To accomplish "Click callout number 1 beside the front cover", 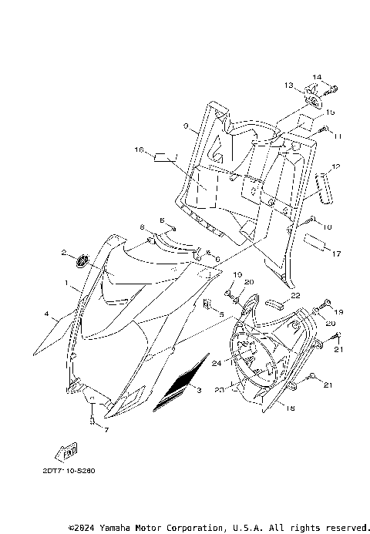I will tap(68, 284).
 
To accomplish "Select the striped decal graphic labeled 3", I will tap(182, 383).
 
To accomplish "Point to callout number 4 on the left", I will tap(47, 314).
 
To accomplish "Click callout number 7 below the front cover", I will tap(106, 429).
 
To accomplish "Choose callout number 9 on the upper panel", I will tap(186, 125).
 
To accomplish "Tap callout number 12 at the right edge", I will tap(335, 167).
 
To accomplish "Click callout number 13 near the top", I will tap(289, 85).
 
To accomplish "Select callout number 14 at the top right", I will tap(315, 77).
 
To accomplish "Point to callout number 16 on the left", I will tap(140, 149).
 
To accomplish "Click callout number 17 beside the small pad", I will tap(336, 252).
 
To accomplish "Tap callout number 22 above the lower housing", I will tap(296, 295).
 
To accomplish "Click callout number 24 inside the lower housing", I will tap(217, 361).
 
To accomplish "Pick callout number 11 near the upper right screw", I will tap(337, 136).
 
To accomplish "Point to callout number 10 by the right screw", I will tap(328, 227).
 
